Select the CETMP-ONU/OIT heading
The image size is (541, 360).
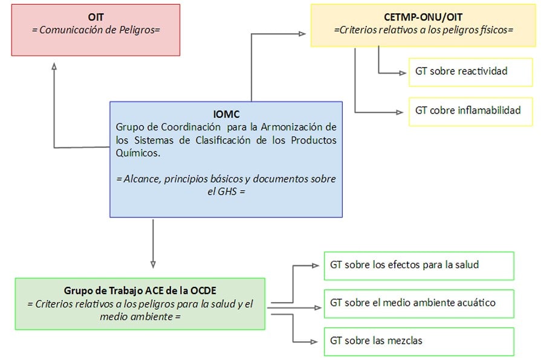pos(423,17)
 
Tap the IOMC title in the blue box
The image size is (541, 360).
pos(227,114)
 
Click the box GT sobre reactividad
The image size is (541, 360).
pos(461,71)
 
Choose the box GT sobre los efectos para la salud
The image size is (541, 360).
pos(419,265)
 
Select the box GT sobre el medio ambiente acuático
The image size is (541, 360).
pos(419,303)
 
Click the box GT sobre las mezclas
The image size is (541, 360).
pos(419,341)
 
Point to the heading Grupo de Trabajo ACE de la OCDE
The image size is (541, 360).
pos(141,291)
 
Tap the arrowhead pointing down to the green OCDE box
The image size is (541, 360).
pos(153,264)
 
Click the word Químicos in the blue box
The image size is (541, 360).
pos(138,153)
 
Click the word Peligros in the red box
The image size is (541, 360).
pos(143,29)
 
